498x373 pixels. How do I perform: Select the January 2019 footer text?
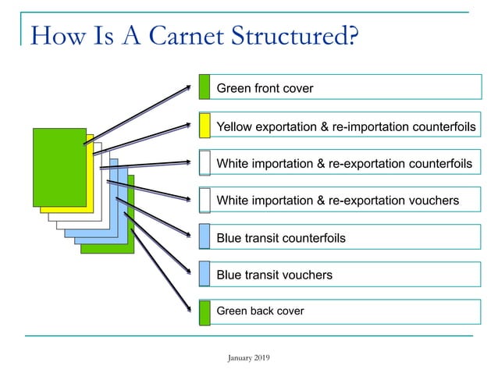[248, 357]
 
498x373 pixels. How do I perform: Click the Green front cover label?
[265, 88]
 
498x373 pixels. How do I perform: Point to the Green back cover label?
[260, 311]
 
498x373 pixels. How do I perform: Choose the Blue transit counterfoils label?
[280, 237]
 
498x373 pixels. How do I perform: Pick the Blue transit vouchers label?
[274, 275]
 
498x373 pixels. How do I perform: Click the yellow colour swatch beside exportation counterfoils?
[205, 125]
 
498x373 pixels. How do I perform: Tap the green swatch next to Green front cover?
[205, 87]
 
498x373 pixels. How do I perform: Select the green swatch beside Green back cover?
[205, 312]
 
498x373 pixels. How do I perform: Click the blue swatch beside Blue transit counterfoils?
[205, 237]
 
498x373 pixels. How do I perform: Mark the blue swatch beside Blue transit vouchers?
[205, 275]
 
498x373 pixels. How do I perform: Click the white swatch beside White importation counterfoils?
[205, 162]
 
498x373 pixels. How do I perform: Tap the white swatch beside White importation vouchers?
[205, 200]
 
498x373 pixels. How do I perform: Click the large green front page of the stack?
[59, 166]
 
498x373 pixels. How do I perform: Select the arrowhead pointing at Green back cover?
[187, 309]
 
